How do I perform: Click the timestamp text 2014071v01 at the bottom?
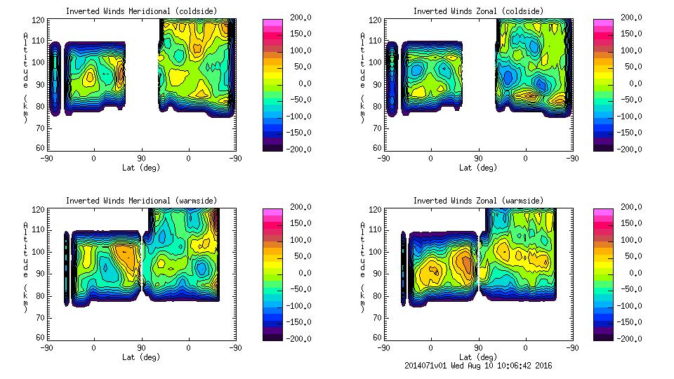pyautogui.click(x=426, y=366)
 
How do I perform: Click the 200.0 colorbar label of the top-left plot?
pyautogui.click(x=297, y=17)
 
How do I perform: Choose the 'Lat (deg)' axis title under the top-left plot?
pyautogui.click(x=141, y=168)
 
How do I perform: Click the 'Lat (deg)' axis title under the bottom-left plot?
pyautogui.click(x=141, y=357)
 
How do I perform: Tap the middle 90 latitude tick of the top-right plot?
pyautogui.click(x=479, y=159)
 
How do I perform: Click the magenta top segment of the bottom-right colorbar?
pyautogui.click(x=602, y=211)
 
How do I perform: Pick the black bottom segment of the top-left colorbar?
pyautogui.click(x=271, y=147)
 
